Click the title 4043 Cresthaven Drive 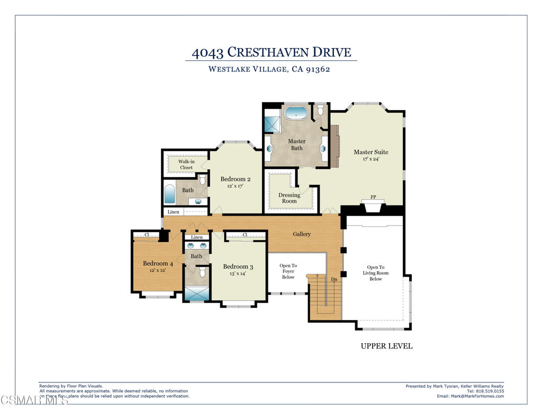click(x=271, y=52)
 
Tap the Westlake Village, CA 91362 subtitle click(x=269, y=69)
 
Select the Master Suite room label click(x=371, y=153)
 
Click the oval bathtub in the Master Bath click(x=296, y=113)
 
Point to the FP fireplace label click(x=373, y=197)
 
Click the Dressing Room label click(x=289, y=198)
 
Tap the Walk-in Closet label click(x=186, y=165)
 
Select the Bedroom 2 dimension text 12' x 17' click(x=236, y=186)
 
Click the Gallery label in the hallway click(x=302, y=234)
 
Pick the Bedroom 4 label click(x=158, y=263)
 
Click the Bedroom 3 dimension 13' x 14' click(x=238, y=274)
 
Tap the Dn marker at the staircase click(x=334, y=279)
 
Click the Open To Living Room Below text click(x=375, y=273)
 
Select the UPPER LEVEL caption click(x=386, y=346)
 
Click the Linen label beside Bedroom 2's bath click(x=173, y=212)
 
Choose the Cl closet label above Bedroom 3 click(x=245, y=235)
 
